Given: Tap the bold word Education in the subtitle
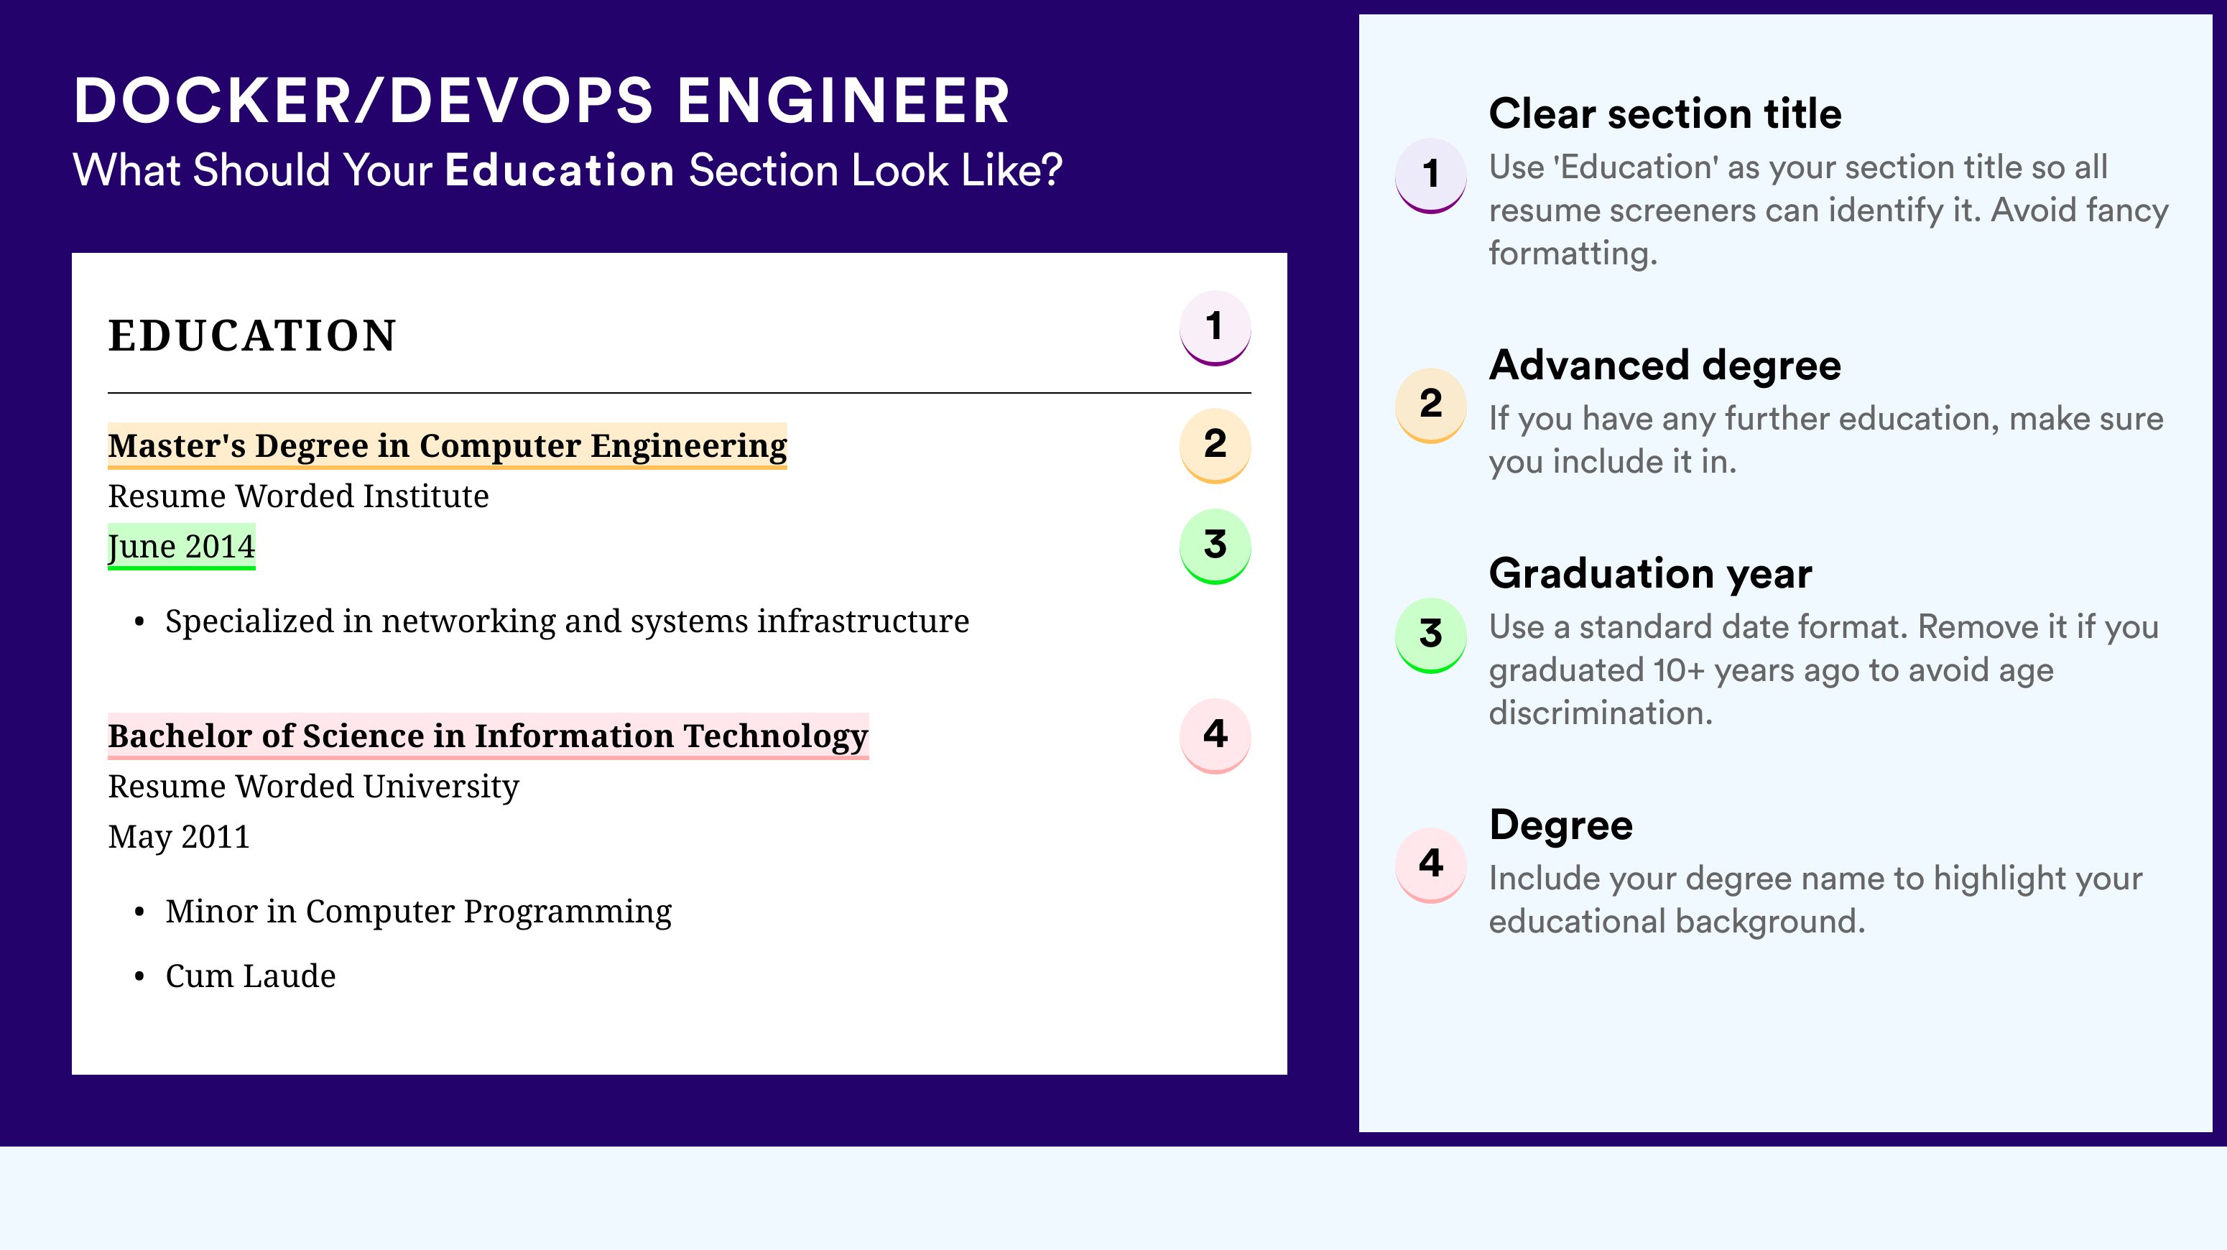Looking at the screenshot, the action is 560,170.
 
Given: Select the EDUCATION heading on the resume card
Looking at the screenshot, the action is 251,335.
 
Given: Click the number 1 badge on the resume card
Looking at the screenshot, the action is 1215,328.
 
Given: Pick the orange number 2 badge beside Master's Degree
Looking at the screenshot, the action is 1215,445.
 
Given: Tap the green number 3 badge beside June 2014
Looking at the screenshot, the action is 1215,546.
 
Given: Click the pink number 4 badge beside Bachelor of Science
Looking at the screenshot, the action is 1215,736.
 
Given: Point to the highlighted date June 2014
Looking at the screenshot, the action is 182,546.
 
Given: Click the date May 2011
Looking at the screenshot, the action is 179,836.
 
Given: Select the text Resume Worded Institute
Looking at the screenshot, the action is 298,496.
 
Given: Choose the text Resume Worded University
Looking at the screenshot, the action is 313,787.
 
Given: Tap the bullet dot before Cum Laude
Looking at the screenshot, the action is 139,977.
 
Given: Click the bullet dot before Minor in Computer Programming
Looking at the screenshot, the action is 139,912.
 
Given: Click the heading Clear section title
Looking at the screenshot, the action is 1665,114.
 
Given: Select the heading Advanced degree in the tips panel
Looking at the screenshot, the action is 1665,366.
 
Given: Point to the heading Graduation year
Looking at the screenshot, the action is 1650,573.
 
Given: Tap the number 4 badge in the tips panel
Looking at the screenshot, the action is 1431,864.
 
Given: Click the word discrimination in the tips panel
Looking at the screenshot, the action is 1601,713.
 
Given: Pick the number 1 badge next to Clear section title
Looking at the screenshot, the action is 1431,175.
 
